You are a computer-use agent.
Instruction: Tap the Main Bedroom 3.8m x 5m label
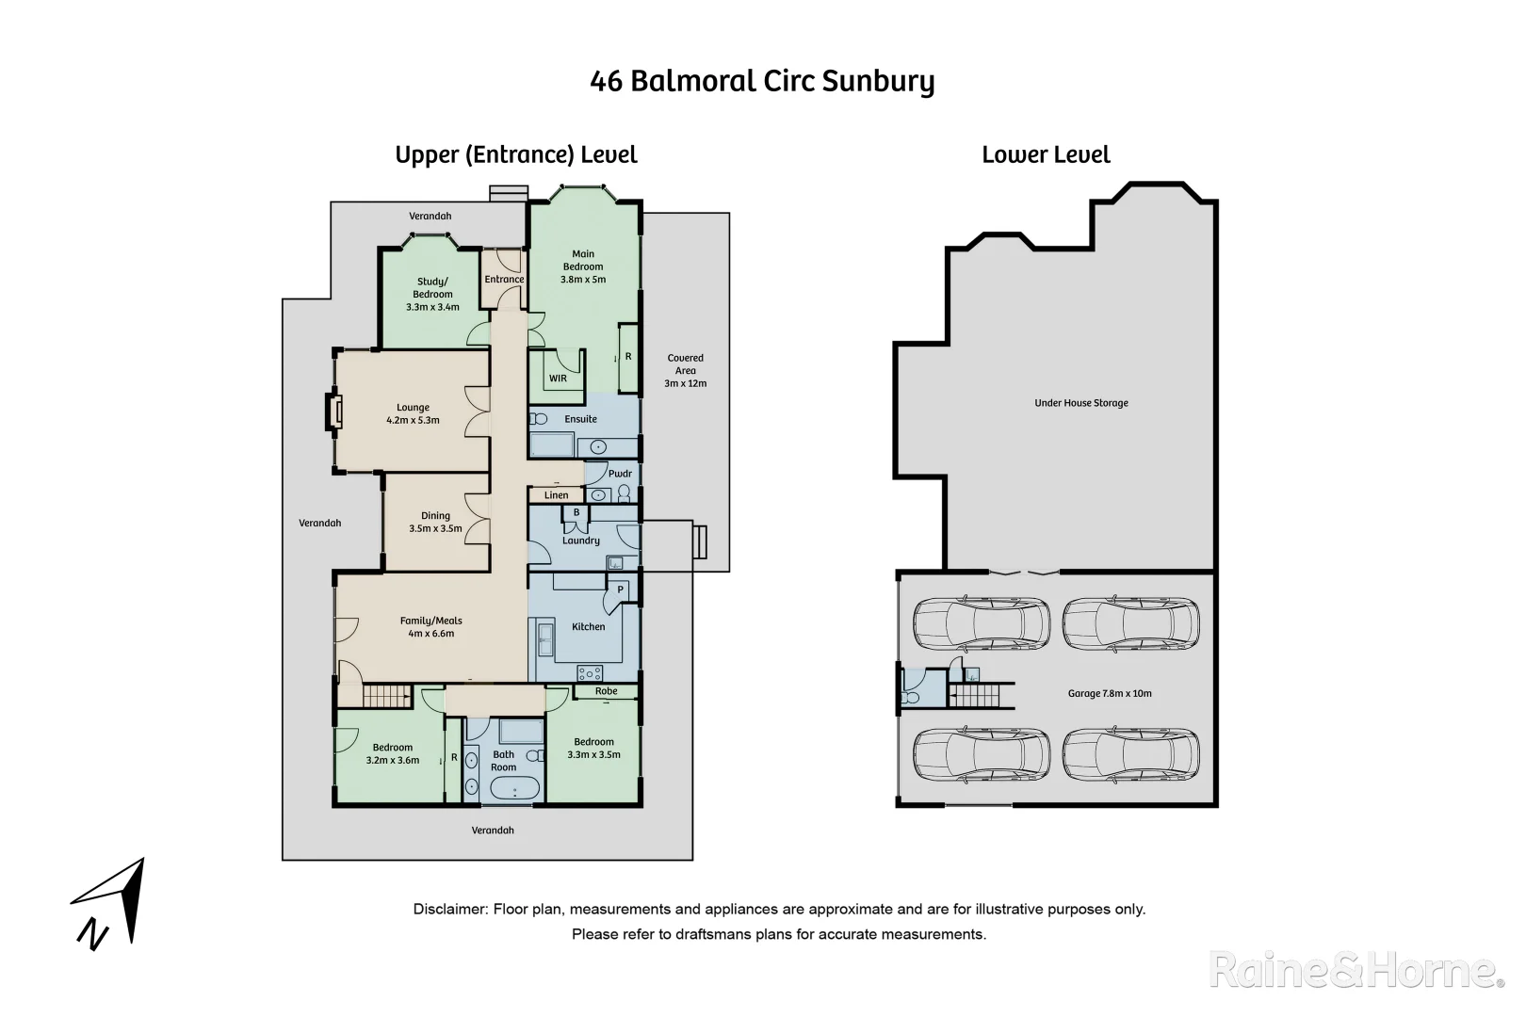(583, 266)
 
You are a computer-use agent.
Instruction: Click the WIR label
(558, 379)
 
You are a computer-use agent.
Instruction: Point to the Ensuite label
(580, 419)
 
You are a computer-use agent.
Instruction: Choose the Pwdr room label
(620, 474)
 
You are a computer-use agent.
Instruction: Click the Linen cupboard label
(556, 495)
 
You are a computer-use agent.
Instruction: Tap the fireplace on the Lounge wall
(333, 412)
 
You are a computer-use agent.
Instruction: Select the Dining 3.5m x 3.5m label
(435, 523)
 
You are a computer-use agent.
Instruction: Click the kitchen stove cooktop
(590, 673)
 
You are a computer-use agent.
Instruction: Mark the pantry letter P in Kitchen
(620, 590)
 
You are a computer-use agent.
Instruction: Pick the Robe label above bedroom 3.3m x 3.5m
(606, 691)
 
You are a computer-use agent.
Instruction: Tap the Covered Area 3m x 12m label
(685, 370)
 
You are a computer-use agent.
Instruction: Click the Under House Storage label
(1080, 403)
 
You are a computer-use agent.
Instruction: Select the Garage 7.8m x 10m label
(1109, 693)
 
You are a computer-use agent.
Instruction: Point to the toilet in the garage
(910, 697)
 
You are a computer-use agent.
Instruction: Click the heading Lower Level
(1046, 155)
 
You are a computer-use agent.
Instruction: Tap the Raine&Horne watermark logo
(1355, 970)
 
